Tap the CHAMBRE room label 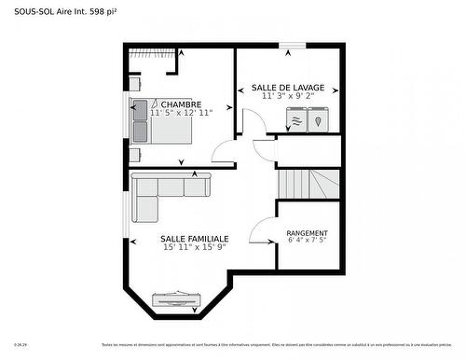tap(181, 104)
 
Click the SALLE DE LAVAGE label tap(287, 87)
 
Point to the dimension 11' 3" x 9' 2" tap(287, 95)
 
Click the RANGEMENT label tap(307, 233)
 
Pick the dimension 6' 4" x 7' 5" tap(307, 242)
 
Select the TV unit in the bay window tap(176, 298)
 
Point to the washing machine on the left tap(296, 120)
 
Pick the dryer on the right tap(319, 120)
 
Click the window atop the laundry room tap(292, 44)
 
